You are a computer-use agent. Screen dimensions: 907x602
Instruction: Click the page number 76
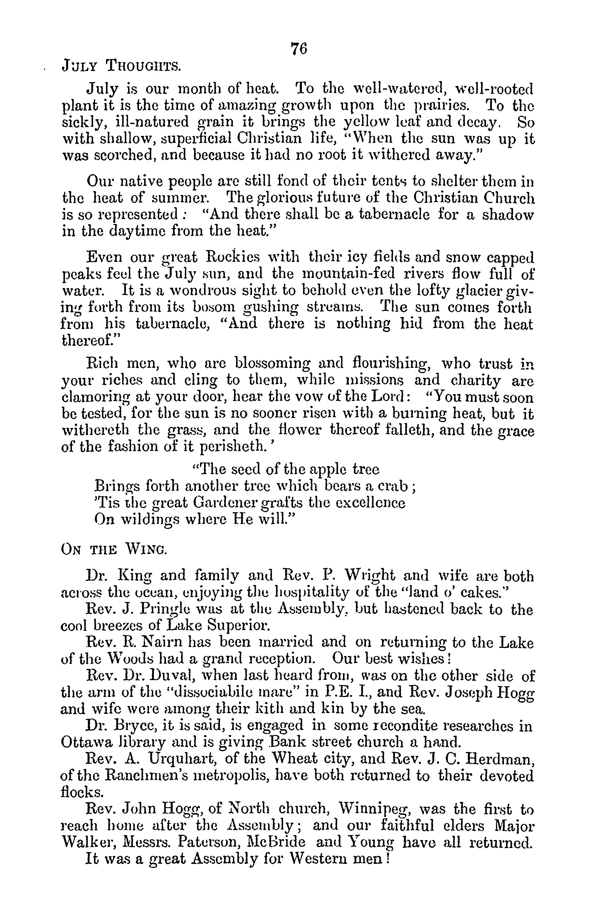(299, 49)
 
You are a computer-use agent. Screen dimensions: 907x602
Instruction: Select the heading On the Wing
(114, 550)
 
